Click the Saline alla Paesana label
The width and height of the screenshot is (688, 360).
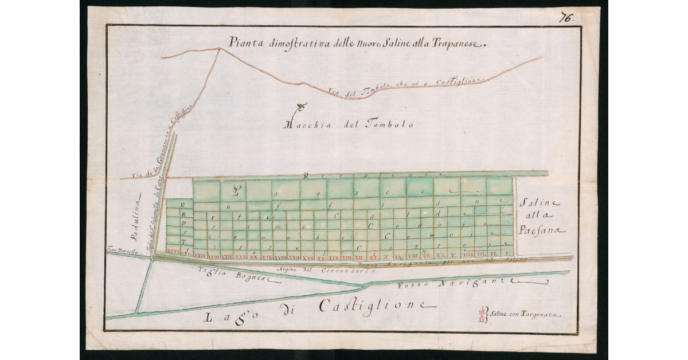coord(541,217)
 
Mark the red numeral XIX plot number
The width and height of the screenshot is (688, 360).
coord(267,256)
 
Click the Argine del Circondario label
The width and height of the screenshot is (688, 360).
coord(310,269)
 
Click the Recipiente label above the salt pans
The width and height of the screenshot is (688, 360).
coord(373,174)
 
